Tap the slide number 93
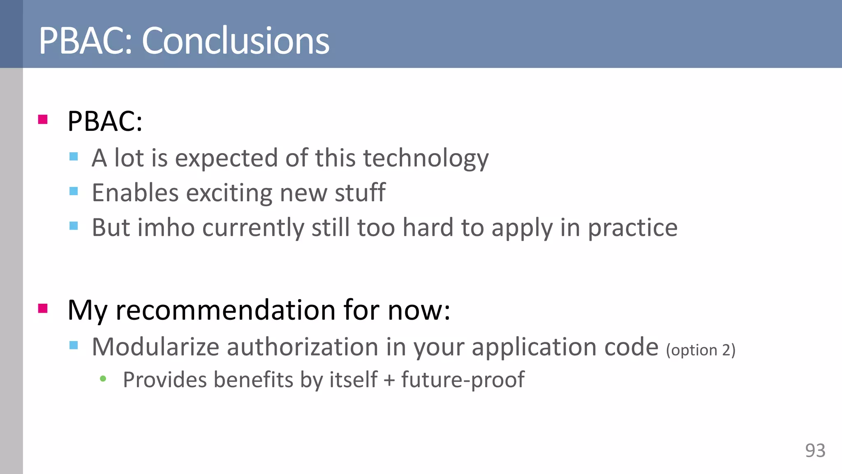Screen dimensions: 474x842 pos(815,451)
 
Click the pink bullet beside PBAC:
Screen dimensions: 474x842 pos(43,120)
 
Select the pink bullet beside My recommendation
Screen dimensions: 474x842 pos(43,309)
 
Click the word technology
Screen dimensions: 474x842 pos(426,158)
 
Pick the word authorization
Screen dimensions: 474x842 pos(302,347)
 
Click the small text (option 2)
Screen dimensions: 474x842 pos(701,350)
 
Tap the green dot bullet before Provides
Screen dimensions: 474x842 pos(103,379)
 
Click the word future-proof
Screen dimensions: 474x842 pos(463,380)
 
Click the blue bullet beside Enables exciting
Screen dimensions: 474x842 pos(74,191)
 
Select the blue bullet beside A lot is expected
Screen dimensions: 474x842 pos(74,156)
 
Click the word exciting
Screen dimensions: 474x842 pos(229,193)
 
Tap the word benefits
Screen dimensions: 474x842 pos(254,379)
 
